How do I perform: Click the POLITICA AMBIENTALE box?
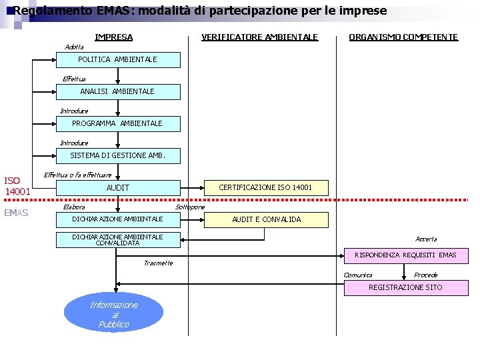point(117,59)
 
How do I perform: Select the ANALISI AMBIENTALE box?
point(117,91)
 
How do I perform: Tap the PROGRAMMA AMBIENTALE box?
point(117,123)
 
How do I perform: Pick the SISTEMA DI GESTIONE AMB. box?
point(117,156)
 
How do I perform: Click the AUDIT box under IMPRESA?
point(117,188)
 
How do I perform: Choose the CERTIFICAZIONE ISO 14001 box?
point(265,187)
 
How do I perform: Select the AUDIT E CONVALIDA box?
point(266,219)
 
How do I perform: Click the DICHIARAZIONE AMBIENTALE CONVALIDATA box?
point(117,240)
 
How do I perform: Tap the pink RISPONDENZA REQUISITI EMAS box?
point(405,255)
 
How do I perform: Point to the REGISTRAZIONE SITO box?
point(405,287)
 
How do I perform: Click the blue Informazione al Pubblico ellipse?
point(113,314)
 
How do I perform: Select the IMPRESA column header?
point(113,37)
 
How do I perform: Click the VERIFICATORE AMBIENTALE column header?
point(260,37)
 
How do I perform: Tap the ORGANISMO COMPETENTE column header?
point(403,37)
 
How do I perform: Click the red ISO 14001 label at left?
point(17,186)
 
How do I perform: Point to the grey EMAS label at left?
point(16,213)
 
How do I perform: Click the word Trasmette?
point(158,263)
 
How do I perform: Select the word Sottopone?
point(190,207)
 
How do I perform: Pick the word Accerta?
point(426,239)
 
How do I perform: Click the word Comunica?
point(358,275)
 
